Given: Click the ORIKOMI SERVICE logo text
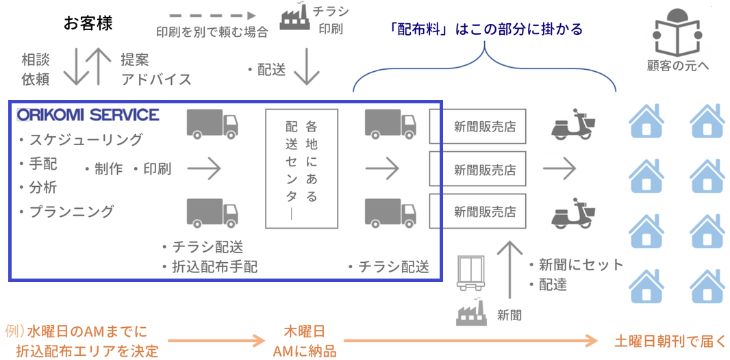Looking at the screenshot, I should [x=88, y=114].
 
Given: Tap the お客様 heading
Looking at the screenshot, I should [x=88, y=23].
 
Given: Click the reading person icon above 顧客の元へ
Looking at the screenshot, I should [x=677, y=35].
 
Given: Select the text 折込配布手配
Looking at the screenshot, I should [x=214, y=267].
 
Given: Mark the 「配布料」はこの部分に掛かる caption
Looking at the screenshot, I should [x=486, y=29].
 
